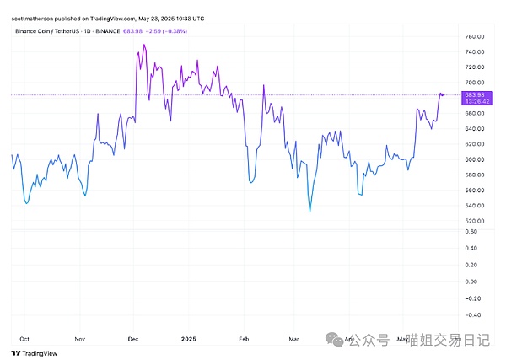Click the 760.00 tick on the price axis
coord(472,35)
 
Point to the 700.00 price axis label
coord(472,82)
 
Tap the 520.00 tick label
coord(472,221)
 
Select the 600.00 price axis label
coord(472,159)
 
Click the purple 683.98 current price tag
coord(472,94)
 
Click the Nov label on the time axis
coord(81,338)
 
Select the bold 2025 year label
coord(188,338)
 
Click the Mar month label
coord(293,338)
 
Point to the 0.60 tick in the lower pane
coord(471,231)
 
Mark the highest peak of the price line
coord(144,45)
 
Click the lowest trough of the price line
coord(310,212)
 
